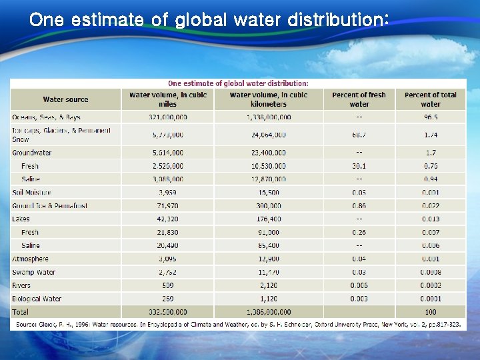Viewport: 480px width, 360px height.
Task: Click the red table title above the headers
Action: [238, 83]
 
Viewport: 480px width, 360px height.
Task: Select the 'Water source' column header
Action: [65, 100]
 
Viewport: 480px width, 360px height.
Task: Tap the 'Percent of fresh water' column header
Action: [359, 99]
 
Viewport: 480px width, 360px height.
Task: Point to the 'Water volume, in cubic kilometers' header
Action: [268, 99]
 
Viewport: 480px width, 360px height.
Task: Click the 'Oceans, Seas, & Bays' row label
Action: [46, 117]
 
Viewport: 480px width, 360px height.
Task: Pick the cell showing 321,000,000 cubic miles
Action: [167, 117]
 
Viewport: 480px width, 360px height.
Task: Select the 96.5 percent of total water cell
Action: [430, 117]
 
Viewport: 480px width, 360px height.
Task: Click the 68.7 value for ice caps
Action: [359, 135]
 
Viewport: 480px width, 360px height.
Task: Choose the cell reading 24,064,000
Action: [268, 135]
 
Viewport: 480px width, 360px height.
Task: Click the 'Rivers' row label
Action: [21, 285]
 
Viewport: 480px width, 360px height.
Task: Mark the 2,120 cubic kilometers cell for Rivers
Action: [268, 285]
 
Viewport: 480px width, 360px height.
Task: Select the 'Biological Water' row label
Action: [37, 299]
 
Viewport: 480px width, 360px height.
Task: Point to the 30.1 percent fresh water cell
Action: [359, 166]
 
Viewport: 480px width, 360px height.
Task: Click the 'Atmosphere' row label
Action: [30, 259]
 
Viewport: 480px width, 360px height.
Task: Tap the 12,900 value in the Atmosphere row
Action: [268, 259]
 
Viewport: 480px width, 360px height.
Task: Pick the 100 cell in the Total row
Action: [430, 312]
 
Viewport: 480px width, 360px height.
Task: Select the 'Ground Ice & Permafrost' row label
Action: [49, 206]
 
